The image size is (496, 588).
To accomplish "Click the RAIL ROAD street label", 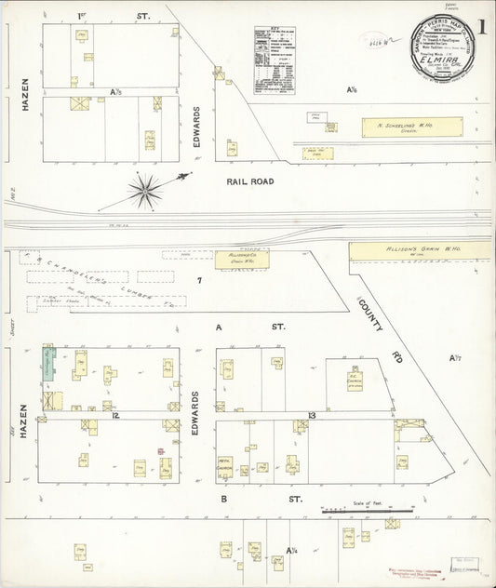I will [249, 181].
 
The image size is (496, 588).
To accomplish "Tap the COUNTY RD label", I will [375, 315].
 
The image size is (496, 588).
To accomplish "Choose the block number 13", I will [313, 413].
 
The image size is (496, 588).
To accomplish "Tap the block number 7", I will [198, 280].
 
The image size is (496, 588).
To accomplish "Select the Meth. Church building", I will [225, 464].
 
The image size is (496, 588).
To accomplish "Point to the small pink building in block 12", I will [161, 452].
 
